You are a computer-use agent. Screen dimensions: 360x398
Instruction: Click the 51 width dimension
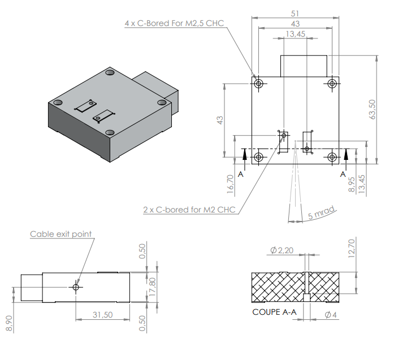pos(295,12)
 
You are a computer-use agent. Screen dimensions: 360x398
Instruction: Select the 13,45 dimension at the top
pos(295,34)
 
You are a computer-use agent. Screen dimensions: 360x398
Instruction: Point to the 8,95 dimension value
pos(352,184)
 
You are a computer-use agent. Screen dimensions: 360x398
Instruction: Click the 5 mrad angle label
pos(321,214)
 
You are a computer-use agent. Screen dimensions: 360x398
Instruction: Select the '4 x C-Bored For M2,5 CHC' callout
pos(174,23)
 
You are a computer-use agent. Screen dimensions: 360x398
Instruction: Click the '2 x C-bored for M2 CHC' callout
pos(189,210)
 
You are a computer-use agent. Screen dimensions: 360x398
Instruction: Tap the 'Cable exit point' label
pos(60,233)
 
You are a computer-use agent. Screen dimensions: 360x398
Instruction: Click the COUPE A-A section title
pos(274,312)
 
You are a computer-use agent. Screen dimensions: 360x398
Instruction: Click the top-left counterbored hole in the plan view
pos(258,84)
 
